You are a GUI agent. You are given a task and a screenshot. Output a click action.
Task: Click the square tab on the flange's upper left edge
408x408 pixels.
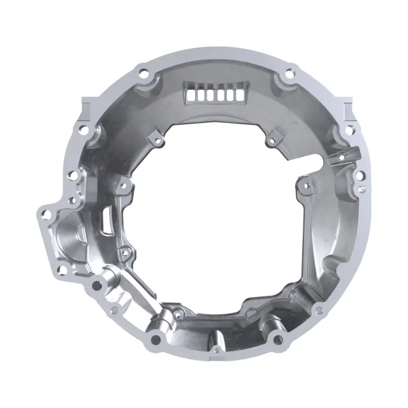[x=87, y=102]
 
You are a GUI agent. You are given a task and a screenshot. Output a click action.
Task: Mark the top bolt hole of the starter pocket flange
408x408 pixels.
[x=45, y=212]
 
